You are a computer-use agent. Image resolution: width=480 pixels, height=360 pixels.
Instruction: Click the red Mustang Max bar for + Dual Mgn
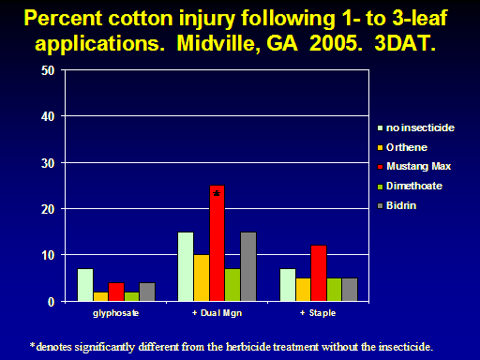click(x=217, y=243)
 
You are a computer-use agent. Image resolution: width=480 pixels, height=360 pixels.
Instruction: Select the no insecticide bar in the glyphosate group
click(x=85, y=285)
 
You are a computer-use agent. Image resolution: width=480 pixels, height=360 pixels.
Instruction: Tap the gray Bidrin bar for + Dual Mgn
click(x=248, y=266)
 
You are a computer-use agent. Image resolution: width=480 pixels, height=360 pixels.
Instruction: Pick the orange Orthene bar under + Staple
click(x=303, y=290)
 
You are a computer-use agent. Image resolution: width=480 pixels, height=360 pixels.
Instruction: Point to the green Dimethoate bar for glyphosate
click(x=131, y=296)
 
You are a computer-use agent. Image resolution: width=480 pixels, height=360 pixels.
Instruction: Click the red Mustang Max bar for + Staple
click(x=319, y=273)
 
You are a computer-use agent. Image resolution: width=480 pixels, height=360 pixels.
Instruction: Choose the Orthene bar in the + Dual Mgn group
click(x=202, y=278)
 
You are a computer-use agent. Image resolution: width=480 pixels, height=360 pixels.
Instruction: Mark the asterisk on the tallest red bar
click(x=217, y=193)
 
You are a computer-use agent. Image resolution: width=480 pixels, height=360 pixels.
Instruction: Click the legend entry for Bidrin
click(x=397, y=205)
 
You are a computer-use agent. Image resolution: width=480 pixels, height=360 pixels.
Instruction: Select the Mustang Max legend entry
click(x=414, y=166)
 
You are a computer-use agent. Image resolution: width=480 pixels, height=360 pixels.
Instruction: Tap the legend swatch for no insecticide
click(x=381, y=127)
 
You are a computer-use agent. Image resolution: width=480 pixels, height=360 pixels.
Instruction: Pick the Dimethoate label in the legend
click(x=414, y=186)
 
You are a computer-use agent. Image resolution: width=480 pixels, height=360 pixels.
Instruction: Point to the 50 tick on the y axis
click(x=48, y=70)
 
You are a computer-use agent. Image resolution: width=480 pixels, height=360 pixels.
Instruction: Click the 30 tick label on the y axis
click(x=48, y=163)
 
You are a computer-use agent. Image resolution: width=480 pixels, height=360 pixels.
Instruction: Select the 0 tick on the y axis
click(x=52, y=302)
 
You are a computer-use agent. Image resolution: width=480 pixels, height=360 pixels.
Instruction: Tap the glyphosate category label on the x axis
click(x=116, y=313)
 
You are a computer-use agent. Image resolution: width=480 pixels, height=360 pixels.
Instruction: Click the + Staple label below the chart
click(x=318, y=313)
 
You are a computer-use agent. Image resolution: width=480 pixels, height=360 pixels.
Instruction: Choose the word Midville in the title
click(x=216, y=43)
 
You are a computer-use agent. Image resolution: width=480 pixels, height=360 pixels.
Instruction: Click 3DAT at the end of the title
click(x=405, y=43)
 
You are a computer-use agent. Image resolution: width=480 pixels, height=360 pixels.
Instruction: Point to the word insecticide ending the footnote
click(x=406, y=347)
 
